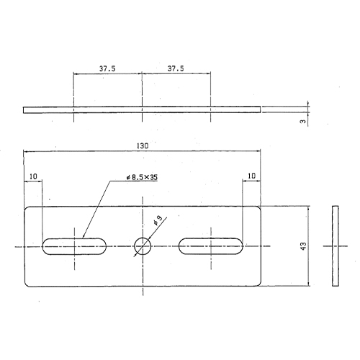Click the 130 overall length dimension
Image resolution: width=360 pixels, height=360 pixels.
point(143,145)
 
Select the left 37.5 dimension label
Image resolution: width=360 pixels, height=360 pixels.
point(107,68)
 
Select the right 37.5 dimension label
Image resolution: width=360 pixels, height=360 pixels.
point(176,68)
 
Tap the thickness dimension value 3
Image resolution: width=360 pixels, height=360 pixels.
point(303,122)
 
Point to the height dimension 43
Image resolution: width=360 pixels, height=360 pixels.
point(303,246)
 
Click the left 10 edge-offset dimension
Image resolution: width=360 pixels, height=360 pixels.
point(33,176)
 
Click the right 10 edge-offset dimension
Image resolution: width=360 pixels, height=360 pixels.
point(251,176)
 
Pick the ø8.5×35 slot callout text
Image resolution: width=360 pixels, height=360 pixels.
point(142,177)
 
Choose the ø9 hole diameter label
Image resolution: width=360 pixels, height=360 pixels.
point(158,220)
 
